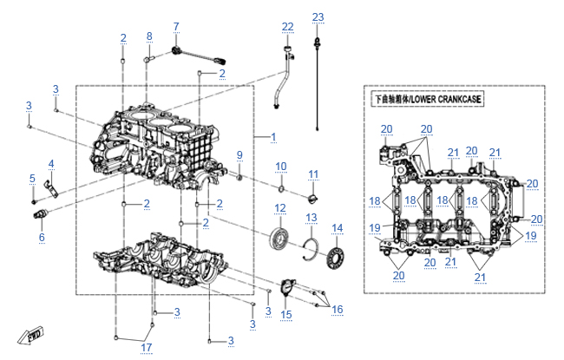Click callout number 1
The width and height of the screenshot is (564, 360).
273,137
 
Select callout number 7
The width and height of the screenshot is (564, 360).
176,26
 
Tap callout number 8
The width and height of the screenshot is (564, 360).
149,36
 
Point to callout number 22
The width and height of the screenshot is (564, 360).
288,27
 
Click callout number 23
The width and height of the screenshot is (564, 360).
318,17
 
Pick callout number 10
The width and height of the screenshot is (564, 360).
281,166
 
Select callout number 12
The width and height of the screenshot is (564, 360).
279,207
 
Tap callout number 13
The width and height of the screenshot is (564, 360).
312,216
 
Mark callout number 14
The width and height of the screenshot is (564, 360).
338,228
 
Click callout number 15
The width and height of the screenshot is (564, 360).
286,314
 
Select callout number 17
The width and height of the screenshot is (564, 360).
148,348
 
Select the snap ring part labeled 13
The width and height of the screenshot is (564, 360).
312,250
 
